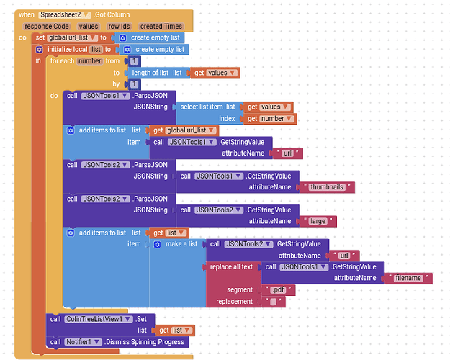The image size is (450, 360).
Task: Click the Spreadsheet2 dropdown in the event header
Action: (x=66, y=14)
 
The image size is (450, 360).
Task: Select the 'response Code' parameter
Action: (x=45, y=27)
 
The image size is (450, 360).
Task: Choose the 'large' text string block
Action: (x=317, y=221)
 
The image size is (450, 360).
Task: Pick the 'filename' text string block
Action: (x=408, y=278)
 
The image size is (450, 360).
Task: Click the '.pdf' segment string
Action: (x=277, y=290)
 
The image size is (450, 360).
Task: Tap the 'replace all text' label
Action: (x=230, y=267)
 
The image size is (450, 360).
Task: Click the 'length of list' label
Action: (x=150, y=73)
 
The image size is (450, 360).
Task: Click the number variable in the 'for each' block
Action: (x=91, y=61)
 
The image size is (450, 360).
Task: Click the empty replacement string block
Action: (x=272, y=302)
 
